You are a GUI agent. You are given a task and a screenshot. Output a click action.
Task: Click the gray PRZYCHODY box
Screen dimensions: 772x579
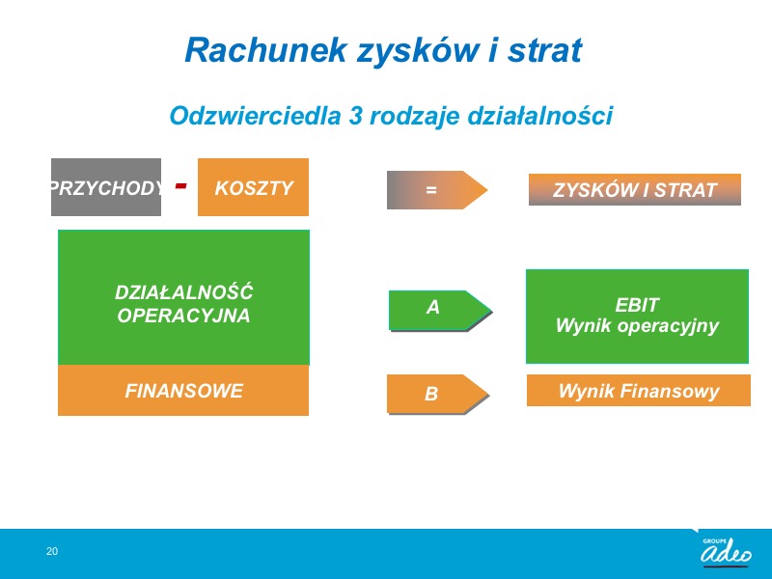(106, 187)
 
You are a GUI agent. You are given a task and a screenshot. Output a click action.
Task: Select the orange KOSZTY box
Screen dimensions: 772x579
(253, 187)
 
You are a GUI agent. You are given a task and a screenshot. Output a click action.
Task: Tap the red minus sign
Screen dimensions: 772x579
(180, 185)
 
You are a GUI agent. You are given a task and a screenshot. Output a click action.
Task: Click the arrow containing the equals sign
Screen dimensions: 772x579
(437, 189)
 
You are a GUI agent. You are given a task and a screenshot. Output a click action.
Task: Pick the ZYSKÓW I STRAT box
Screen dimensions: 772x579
(635, 189)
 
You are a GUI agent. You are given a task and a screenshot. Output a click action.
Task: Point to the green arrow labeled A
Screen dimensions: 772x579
(440, 310)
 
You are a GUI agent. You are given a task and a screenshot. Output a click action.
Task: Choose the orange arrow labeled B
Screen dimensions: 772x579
(438, 394)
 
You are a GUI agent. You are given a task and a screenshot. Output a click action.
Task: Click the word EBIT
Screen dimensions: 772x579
(637, 305)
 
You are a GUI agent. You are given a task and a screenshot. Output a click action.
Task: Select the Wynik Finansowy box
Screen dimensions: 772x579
(639, 391)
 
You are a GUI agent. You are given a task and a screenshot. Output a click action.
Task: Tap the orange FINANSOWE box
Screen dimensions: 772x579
(183, 391)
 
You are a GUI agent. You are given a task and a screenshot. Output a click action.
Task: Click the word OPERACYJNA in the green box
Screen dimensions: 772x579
(183, 316)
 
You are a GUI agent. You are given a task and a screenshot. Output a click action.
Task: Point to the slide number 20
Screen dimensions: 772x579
(52, 551)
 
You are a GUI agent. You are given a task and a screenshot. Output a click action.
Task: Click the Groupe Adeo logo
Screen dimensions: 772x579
(726, 551)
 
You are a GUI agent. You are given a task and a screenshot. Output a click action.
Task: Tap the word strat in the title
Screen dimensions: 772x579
(545, 51)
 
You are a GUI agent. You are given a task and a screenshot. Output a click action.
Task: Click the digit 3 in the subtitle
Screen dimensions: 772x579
(355, 116)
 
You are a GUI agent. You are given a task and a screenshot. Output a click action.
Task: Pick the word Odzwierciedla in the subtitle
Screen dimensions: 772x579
(255, 116)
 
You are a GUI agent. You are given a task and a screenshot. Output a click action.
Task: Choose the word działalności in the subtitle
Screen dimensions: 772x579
(539, 116)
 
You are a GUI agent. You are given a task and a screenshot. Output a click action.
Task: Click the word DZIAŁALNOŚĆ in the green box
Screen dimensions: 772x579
(183, 292)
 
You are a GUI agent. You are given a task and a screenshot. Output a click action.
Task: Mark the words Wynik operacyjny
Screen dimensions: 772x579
(637, 326)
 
